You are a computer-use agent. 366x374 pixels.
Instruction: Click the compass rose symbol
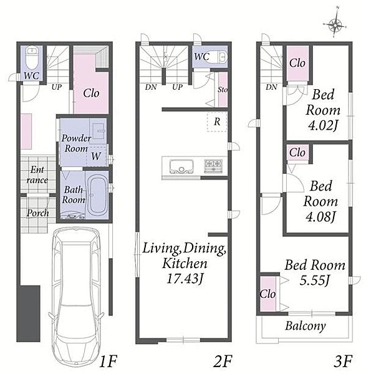(335, 24)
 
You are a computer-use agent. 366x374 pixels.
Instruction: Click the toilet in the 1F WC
(31, 59)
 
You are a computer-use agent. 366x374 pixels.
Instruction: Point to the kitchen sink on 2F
(181, 166)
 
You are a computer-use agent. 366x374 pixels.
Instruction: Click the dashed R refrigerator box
(217, 122)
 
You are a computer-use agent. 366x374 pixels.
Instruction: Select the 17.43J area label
(185, 278)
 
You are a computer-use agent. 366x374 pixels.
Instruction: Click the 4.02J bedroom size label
(324, 125)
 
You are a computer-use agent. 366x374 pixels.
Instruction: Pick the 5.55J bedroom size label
(315, 280)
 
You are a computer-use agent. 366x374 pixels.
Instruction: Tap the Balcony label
(306, 325)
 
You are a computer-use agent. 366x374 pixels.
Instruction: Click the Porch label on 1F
(37, 213)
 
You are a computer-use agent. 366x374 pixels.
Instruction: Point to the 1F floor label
(108, 361)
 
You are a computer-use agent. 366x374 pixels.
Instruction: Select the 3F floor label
(343, 361)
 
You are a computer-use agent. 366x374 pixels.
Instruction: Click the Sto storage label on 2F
(223, 90)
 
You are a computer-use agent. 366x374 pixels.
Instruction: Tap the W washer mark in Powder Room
(96, 156)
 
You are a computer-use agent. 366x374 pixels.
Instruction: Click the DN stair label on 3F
(271, 87)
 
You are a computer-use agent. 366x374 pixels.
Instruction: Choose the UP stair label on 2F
(177, 87)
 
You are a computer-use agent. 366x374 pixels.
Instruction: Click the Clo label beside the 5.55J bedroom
(267, 294)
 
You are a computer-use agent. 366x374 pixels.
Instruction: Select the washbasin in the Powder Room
(98, 131)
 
